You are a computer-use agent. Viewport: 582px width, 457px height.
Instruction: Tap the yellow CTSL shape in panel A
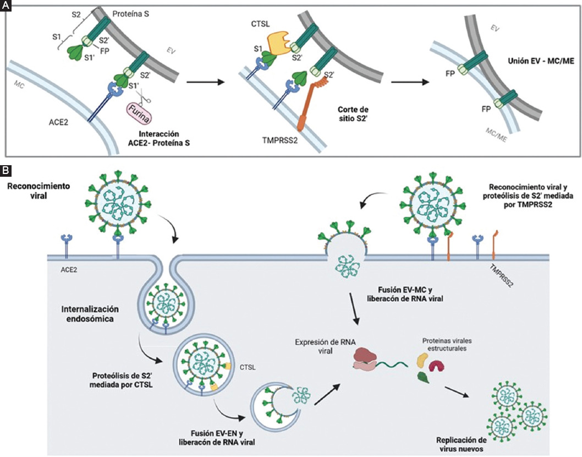pos(279,40)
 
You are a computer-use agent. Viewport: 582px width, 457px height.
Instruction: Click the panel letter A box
pos(5,5)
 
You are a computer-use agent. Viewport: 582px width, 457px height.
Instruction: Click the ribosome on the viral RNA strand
pos(366,357)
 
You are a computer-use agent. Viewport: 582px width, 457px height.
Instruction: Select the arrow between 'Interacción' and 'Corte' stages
pos(206,82)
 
